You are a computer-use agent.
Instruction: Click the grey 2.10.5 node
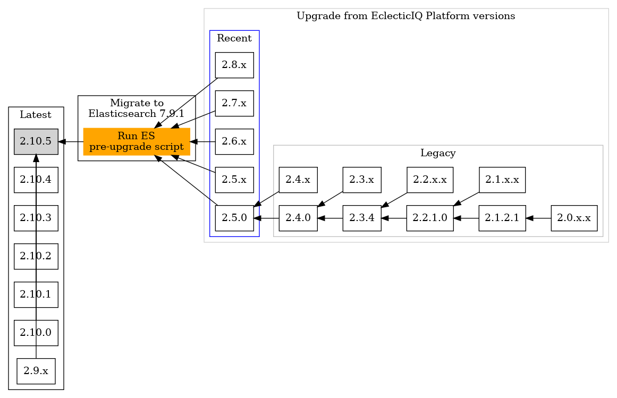coord(36,142)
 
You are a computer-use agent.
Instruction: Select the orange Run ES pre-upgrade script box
coord(137,142)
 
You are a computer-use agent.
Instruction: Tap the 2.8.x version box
coord(234,65)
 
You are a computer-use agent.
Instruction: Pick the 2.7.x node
coord(234,104)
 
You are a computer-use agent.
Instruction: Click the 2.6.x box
coord(234,142)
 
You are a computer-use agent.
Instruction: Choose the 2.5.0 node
coord(234,218)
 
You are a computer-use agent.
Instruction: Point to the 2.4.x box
coord(298,180)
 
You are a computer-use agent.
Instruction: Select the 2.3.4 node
coord(362,218)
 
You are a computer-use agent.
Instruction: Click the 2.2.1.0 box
coord(430,218)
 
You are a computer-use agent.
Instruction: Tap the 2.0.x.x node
coord(574,218)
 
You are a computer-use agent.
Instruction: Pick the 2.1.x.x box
coord(502,180)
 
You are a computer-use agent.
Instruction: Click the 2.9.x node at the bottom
coord(36,371)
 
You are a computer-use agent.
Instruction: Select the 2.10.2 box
coord(36,256)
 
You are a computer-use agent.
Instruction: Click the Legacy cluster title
coord(438,154)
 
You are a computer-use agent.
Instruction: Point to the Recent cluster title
coord(234,38)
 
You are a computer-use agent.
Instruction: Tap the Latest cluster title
coord(36,115)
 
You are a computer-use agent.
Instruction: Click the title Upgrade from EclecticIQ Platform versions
coord(405,16)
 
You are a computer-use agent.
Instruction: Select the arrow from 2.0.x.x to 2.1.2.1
coord(538,218)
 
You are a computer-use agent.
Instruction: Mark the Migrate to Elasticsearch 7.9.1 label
coord(137,108)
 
